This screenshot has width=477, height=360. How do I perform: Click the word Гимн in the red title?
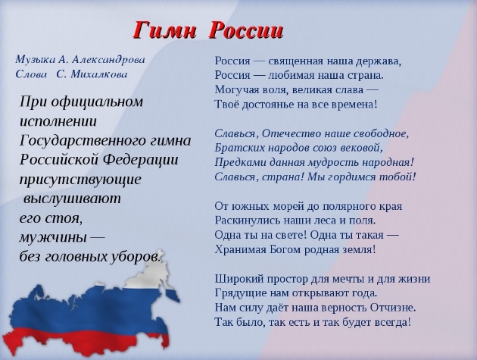(164, 30)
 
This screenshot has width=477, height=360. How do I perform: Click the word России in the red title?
(246, 30)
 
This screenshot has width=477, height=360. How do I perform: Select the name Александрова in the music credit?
(108, 59)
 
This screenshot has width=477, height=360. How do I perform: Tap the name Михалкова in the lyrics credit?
(99, 74)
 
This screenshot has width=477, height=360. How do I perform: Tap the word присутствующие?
(80, 180)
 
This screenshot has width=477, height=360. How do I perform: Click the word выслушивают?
(72, 199)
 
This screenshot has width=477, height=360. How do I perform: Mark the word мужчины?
(54, 238)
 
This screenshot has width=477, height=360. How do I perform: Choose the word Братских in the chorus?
(233, 148)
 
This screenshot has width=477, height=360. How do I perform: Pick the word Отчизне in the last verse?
(393, 308)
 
